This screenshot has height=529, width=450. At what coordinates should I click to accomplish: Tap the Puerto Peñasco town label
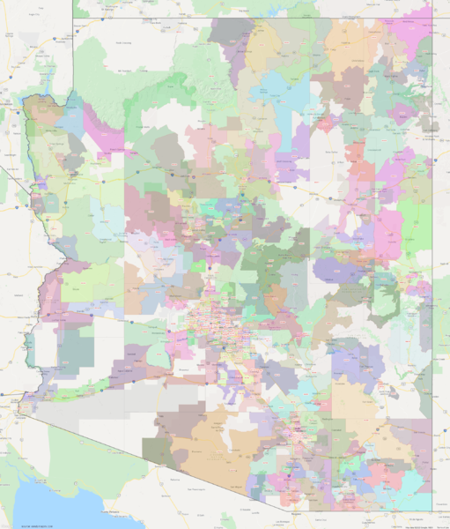(114, 510)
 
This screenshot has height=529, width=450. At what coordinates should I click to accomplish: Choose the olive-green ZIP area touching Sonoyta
(159, 450)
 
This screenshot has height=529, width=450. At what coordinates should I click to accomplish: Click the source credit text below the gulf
(31, 525)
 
